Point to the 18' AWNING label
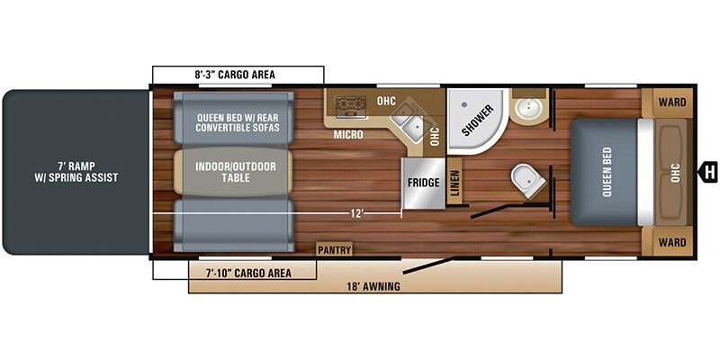pyautogui.click(x=373, y=286)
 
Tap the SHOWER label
pyautogui.click(x=477, y=121)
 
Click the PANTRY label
pyautogui.click(x=334, y=249)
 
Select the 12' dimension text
pyautogui.click(x=358, y=213)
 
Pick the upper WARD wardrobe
pyautogui.click(x=671, y=102)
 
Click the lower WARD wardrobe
pyautogui.click(x=671, y=241)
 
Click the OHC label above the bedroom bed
pyautogui.click(x=675, y=171)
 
